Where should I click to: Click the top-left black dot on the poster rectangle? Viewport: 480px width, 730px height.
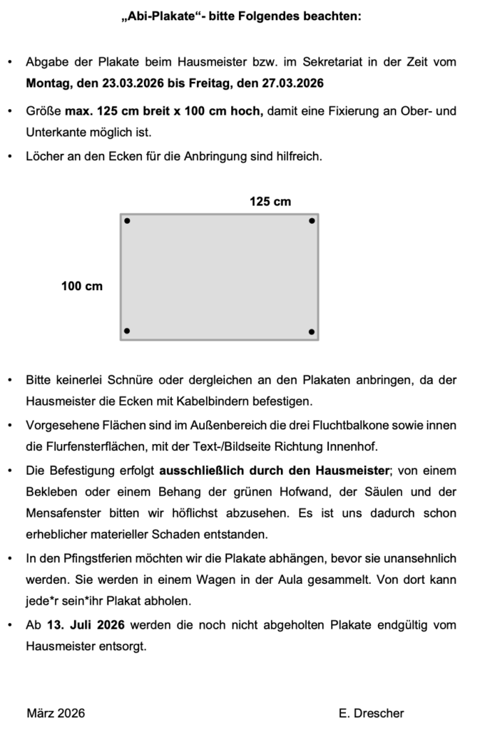pos(128,221)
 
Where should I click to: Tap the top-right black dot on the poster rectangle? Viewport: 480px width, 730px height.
pos(312,221)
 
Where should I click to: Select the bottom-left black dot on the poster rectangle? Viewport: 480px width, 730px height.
pos(128,331)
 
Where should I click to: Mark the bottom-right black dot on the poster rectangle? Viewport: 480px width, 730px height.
pos(312,331)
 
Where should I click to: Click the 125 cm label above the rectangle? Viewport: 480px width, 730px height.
pos(270,202)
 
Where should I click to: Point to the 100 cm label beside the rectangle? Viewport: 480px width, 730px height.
pos(82,287)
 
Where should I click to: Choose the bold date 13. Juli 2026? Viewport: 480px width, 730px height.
pos(86,625)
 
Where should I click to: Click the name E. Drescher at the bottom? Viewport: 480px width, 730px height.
pos(372,713)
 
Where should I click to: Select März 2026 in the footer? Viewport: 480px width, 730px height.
pos(56,713)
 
